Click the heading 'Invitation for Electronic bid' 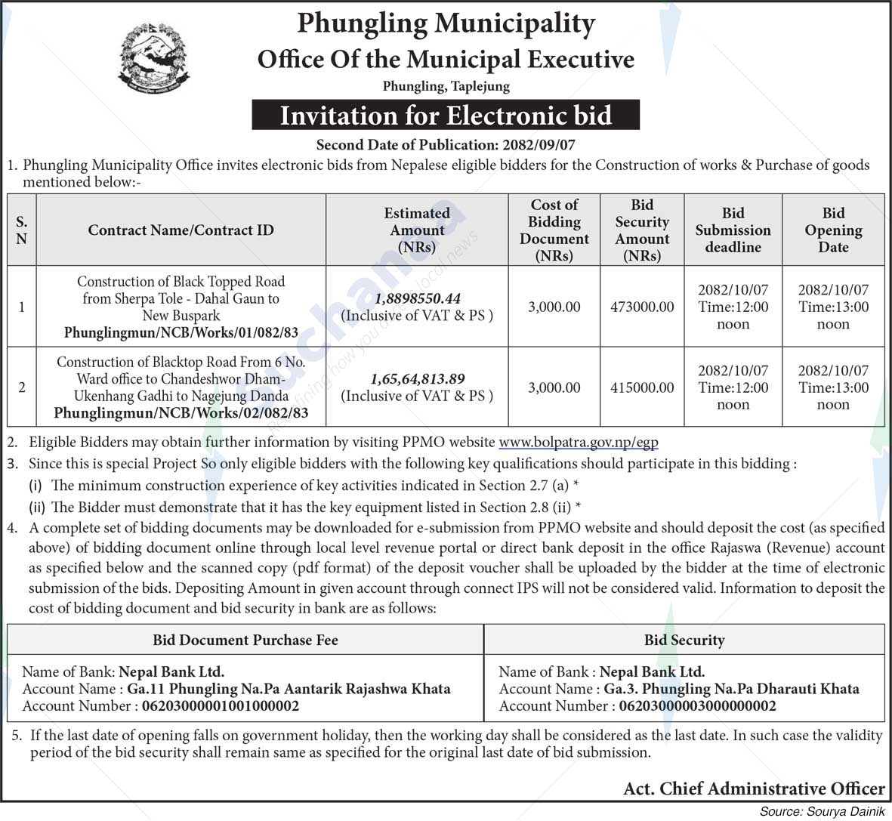click(446, 116)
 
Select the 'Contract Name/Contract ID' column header click(181, 230)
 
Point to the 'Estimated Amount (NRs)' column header click(417, 230)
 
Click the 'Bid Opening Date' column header click(833, 230)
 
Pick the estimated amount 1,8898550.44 click(416, 298)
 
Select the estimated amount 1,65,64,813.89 click(417, 379)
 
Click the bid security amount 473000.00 click(642, 307)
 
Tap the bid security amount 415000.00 click(642, 387)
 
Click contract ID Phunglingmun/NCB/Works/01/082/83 click(181, 332)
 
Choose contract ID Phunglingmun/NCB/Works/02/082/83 click(181, 412)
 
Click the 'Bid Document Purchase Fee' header click(245, 640)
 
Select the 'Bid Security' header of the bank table click(684, 640)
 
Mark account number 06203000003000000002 click(697, 706)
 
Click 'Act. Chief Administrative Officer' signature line click(754, 789)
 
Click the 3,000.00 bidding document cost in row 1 click(554, 307)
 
